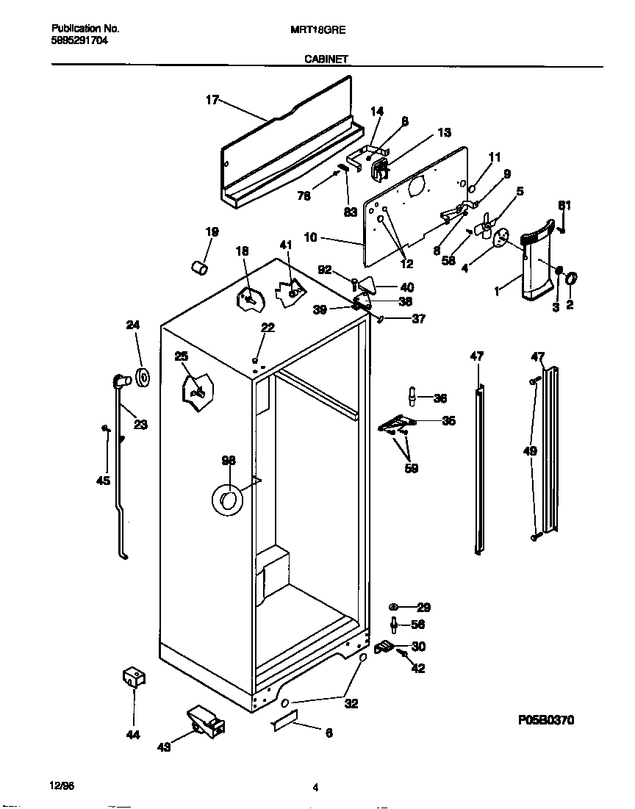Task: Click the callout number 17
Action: pyautogui.click(x=212, y=101)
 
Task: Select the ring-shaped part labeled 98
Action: pyautogui.click(x=227, y=500)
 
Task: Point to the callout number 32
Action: pyautogui.click(x=351, y=703)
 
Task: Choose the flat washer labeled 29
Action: pyautogui.click(x=393, y=607)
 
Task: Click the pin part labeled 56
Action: pyautogui.click(x=395, y=625)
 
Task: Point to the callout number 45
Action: pyautogui.click(x=103, y=481)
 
